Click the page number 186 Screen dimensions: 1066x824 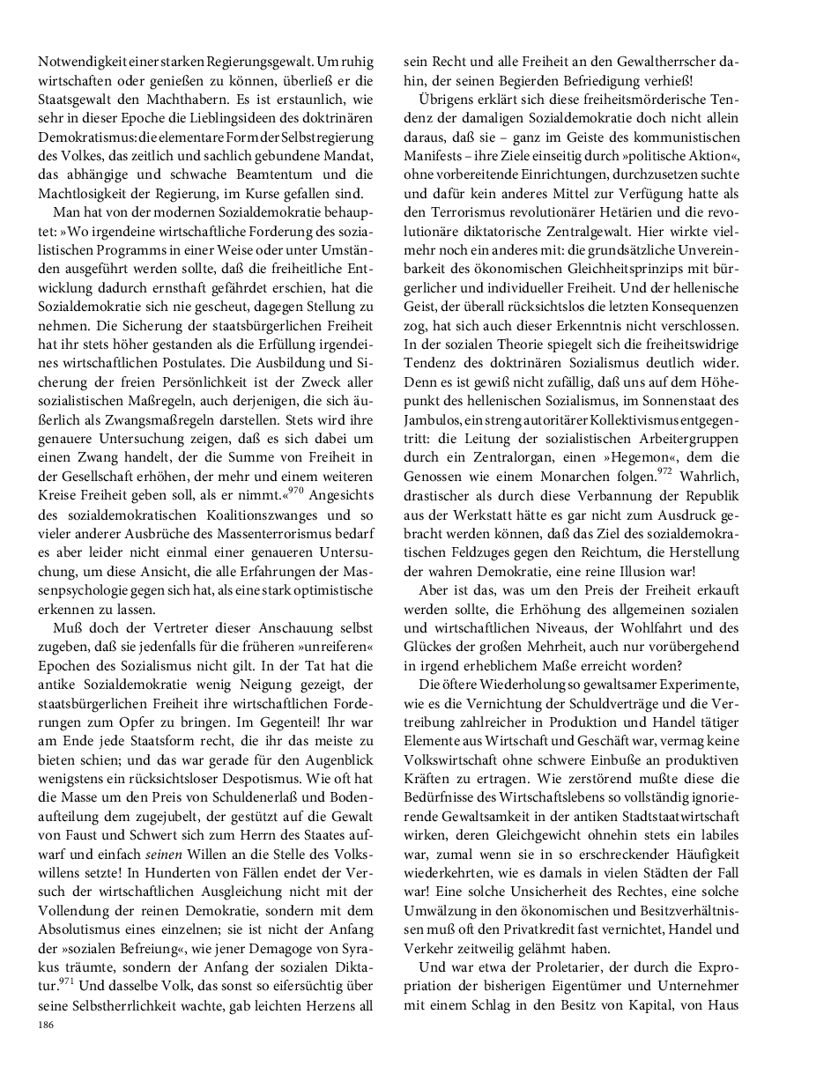45,1025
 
